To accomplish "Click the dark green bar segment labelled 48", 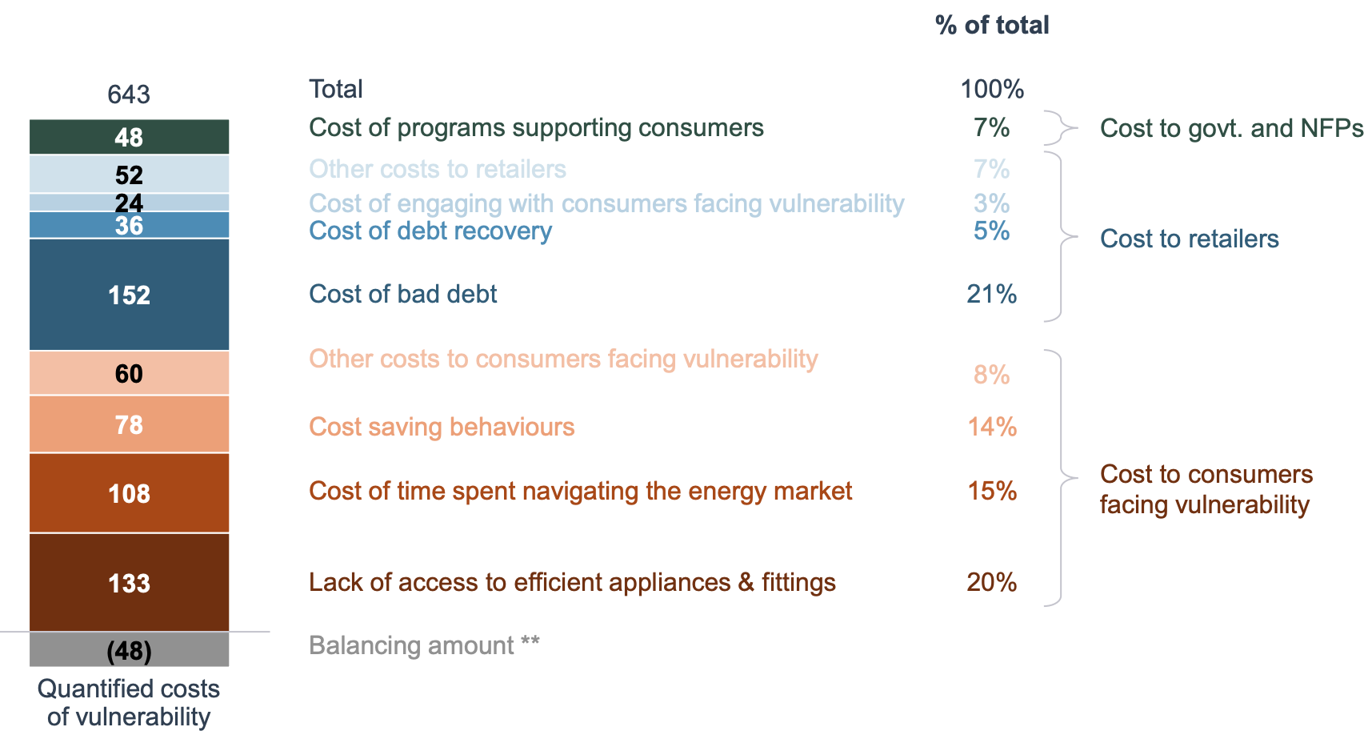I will coord(129,137).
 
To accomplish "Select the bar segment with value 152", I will coord(129,295).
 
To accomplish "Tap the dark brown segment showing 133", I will coord(129,583).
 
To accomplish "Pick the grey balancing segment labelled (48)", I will coord(129,650).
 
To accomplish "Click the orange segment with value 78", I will coord(129,424).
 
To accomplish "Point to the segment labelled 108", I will coord(129,493).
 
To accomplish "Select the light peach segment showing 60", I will coord(129,373).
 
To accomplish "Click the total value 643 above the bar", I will coord(129,94).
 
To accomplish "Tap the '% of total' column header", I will coord(991,25).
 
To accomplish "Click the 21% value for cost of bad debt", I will coord(991,294).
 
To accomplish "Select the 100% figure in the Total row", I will coord(991,89).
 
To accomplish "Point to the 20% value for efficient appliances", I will coord(991,582).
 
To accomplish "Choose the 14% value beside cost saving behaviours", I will coord(991,427).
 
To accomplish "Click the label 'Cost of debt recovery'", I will coord(430,231).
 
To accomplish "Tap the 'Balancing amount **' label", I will coord(424,645).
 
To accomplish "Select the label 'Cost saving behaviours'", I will coord(442,427).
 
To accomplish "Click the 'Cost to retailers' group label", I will coord(1189,239).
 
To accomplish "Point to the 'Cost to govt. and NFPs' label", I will coord(1231,128).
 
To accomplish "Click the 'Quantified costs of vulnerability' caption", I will coord(129,702).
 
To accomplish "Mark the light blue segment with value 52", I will coord(129,174).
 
